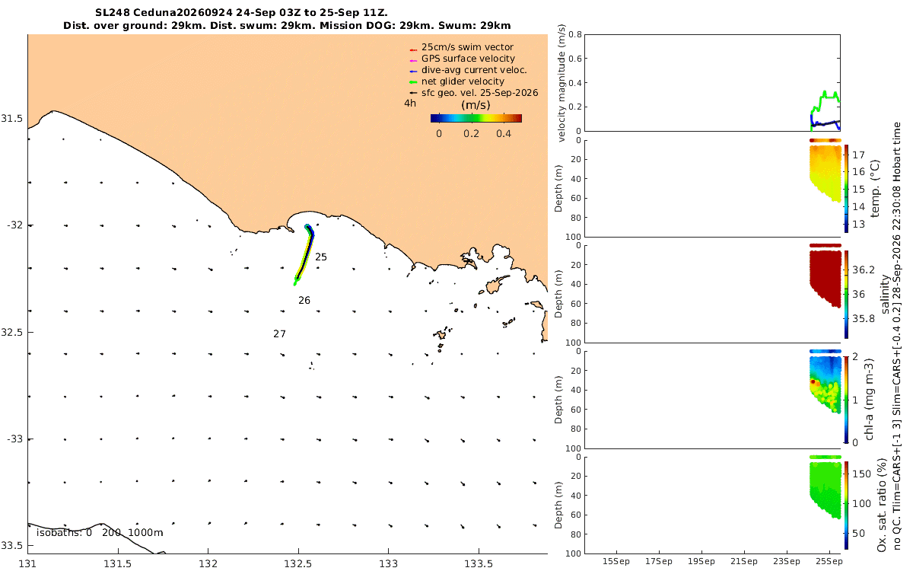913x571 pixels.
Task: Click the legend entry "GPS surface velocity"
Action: pos(468,59)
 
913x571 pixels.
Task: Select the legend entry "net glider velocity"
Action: pos(463,81)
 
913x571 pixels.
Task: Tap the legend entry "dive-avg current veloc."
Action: pos(474,70)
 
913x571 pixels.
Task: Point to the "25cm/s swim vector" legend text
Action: pos(467,47)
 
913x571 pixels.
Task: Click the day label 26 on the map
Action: pos(304,301)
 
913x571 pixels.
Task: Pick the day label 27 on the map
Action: pos(279,334)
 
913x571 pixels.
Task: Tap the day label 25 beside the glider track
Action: pos(321,257)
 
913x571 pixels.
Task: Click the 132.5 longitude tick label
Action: pos(298,564)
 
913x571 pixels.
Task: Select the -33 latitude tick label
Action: pos(14,439)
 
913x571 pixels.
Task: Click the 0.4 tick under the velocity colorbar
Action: pos(504,134)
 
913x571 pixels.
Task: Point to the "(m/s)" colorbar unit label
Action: pos(476,105)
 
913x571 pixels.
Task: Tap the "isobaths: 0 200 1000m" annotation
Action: pos(100,533)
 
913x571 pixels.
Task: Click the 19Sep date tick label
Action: pos(701,562)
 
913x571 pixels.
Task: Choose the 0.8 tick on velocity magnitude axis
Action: pos(575,34)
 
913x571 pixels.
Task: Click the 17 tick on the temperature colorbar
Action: pos(858,155)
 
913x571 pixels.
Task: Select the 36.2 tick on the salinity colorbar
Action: pos(864,270)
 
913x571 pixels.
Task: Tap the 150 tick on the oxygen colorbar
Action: pos(861,474)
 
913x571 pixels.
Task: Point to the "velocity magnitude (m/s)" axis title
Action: pos(561,83)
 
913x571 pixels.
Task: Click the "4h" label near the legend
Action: pos(410,104)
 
